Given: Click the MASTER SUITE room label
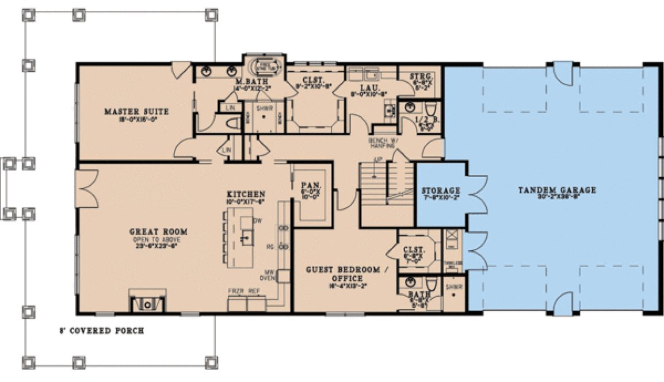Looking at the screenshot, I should [x=128, y=111].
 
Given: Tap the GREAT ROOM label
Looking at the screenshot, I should [x=152, y=232].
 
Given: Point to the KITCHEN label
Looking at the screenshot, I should [x=246, y=194].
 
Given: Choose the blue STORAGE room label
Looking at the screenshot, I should [x=441, y=190].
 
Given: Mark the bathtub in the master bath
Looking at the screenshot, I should [x=265, y=66].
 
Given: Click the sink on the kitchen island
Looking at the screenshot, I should [x=246, y=236].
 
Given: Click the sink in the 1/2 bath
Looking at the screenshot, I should [x=410, y=107].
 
